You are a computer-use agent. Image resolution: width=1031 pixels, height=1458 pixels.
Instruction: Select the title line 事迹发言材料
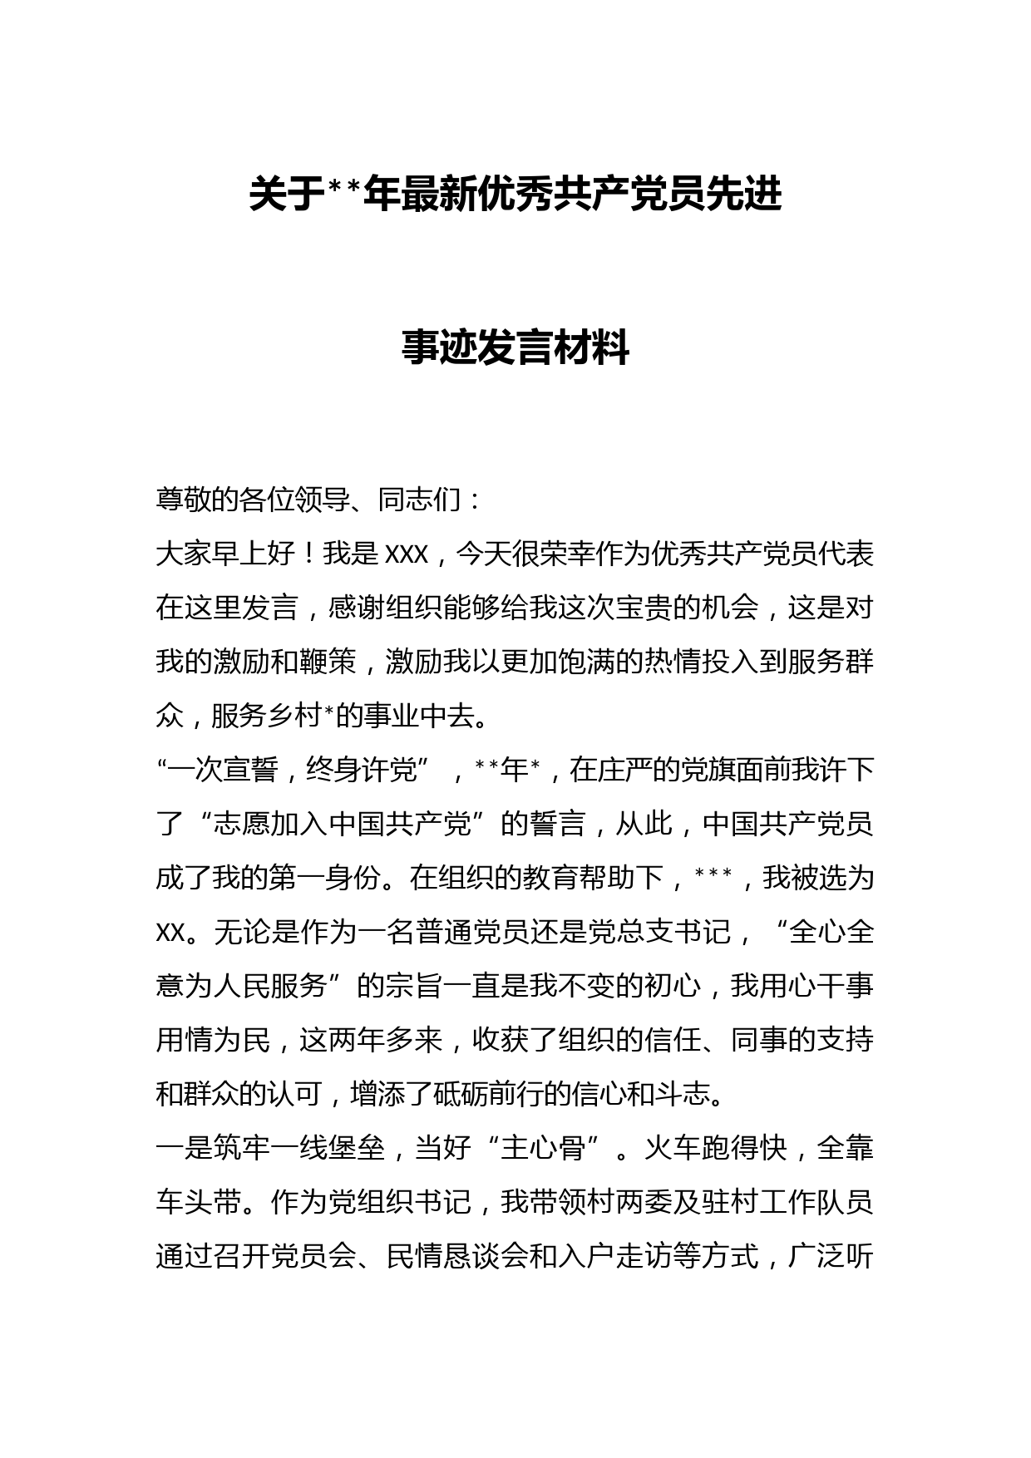point(515,347)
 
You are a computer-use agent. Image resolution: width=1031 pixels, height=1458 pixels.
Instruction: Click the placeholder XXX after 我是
point(406,554)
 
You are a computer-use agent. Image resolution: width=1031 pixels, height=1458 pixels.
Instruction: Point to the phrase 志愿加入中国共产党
point(349,824)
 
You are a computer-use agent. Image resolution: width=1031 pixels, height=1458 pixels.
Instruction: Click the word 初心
point(673,986)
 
